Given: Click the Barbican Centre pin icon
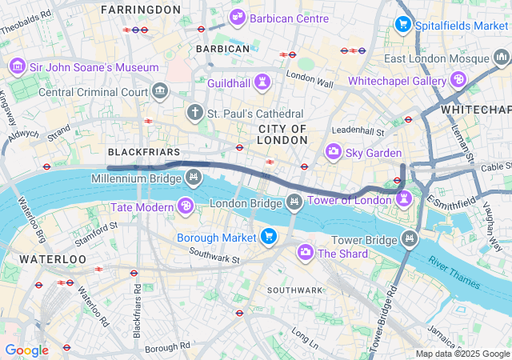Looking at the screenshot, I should click(x=238, y=17).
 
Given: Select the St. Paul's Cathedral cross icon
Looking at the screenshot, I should click(x=194, y=114).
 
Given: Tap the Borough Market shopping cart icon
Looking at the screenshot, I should click(x=268, y=237).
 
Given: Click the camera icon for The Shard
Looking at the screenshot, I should click(x=305, y=253).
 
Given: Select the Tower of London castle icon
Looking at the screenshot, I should click(x=405, y=198).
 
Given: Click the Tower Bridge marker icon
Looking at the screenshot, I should click(x=410, y=238).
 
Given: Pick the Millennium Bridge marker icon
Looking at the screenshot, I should click(x=193, y=177).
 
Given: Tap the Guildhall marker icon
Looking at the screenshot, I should click(x=262, y=82).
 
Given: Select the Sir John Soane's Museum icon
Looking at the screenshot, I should click(x=16, y=66).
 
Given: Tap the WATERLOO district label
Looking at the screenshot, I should click(x=52, y=259).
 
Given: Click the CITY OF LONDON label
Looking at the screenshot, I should click(x=282, y=134).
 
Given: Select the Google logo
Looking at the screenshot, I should click(x=26, y=350).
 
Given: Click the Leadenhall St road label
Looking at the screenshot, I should click(x=358, y=130).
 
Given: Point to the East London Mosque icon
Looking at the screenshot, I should click(x=500, y=58).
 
